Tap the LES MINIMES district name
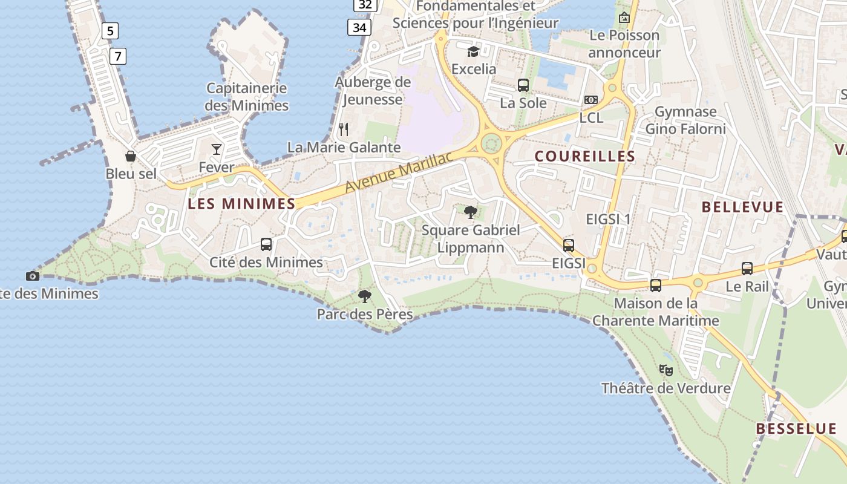click(x=241, y=204)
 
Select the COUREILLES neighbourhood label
click(x=585, y=156)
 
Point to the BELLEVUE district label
click(x=742, y=207)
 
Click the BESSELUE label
click(x=796, y=429)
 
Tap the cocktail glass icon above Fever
click(x=217, y=149)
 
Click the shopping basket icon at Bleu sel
click(x=131, y=157)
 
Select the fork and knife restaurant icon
click(x=344, y=129)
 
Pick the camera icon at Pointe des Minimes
click(x=33, y=276)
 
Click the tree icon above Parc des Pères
click(x=364, y=296)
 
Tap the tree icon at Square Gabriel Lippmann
click(x=470, y=212)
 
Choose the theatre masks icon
click(x=666, y=370)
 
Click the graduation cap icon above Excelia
click(x=473, y=51)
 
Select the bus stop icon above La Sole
click(x=523, y=85)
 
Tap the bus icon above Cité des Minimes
click(x=266, y=244)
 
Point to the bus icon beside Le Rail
click(x=747, y=269)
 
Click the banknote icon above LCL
click(x=591, y=100)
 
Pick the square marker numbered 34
click(x=359, y=27)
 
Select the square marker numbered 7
click(x=118, y=57)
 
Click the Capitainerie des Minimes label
click(x=247, y=97)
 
